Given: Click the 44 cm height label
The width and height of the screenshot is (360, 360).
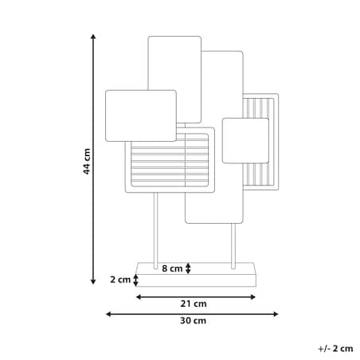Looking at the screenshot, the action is (x=87, y=162).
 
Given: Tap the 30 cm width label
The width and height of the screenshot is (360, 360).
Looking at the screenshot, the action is (x=193, y=321).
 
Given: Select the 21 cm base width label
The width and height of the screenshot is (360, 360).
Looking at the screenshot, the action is (x=194, y=303).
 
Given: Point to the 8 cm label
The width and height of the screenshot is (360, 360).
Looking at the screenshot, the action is (x=172, y=268).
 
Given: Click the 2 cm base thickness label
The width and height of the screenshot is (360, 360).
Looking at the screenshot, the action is (x=120, y=280).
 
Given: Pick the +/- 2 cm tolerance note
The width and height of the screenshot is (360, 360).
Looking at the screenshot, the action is (x=335, y=349).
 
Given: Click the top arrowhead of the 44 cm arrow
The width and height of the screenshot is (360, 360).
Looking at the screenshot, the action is (x=93, y=37).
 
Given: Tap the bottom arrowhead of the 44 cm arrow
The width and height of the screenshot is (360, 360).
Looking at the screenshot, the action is (x=93, y=281).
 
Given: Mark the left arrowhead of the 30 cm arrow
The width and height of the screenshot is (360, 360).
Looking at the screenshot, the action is (x=108, y=315).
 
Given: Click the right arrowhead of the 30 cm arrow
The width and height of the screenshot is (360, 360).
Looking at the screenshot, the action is (x=276, y=315).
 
